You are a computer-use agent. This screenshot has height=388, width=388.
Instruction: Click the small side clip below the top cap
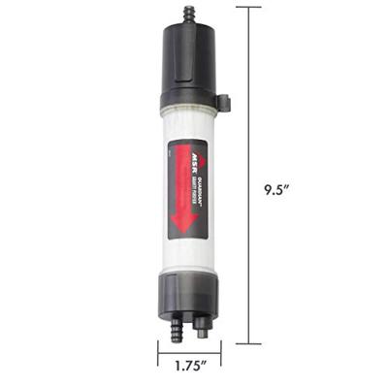pos(223,100)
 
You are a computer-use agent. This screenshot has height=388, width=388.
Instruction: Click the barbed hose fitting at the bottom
pos(178,331)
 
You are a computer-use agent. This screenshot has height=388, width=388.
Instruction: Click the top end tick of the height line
pos(248,7)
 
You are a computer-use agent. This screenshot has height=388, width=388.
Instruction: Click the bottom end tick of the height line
pos(248,343)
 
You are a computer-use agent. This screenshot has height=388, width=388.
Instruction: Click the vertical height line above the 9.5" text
pos(248,97)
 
